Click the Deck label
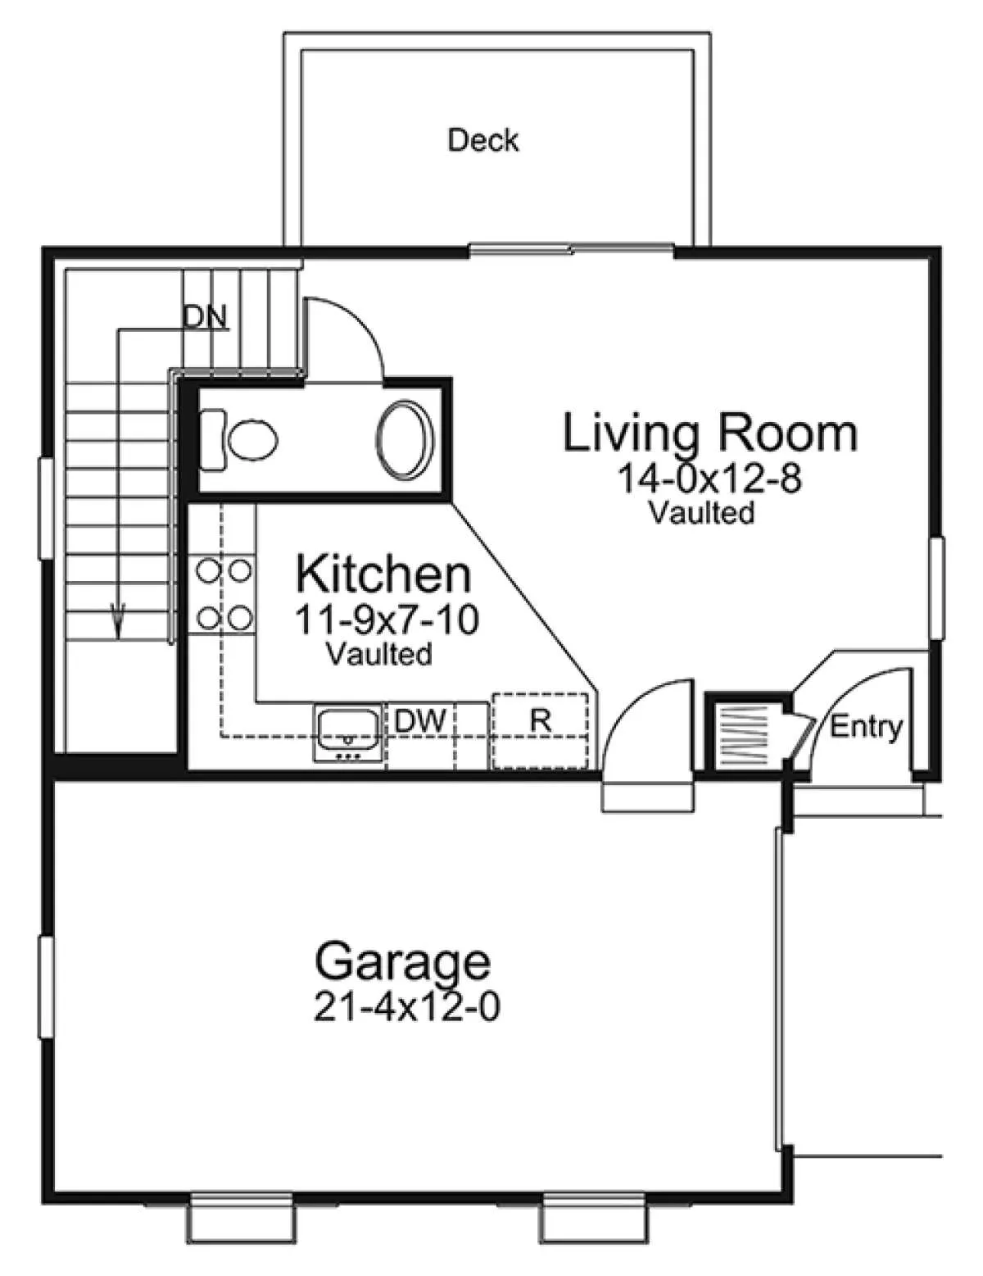click(483, 141)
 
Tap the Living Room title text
click(710, 434)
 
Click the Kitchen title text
click(383, 574)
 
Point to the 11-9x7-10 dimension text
click(386, 620)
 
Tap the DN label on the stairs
click(205, 317)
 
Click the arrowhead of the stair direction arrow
click(118, 623)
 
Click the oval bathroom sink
click(405, 441)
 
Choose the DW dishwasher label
click(420, 721)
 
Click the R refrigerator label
click(540, 721)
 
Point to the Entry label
click(866, 728)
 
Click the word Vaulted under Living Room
click(701, 513)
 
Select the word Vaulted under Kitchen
click(379, 653)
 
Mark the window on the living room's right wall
click(937, 587)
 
